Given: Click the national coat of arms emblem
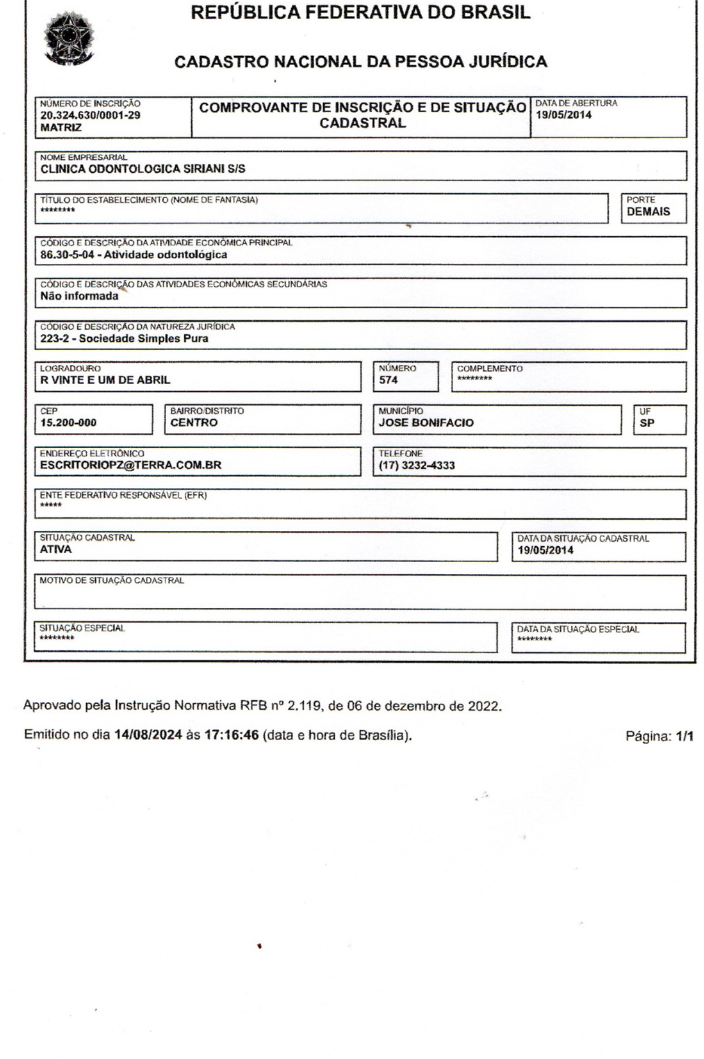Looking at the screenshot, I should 70,40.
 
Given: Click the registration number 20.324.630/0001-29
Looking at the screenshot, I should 90,116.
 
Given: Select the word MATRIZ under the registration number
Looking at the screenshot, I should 61,127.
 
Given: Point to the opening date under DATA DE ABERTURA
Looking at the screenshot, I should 563,115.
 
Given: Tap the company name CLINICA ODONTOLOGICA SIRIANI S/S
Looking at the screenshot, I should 143,169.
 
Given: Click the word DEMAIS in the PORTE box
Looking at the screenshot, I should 648,212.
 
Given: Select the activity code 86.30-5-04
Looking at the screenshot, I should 67,255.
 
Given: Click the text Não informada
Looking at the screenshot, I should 79,296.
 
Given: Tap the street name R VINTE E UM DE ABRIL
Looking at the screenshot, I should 105,380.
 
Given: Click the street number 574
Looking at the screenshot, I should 388,380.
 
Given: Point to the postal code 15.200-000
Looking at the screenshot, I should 68,423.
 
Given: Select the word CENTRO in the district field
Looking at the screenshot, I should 194,423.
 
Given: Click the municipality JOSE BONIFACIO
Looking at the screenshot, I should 426,423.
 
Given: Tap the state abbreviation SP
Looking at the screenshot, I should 647,423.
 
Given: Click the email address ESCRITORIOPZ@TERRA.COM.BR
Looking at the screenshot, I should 130,465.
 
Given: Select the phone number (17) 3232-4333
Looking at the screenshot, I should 417,466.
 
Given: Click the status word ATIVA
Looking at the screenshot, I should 56,549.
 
